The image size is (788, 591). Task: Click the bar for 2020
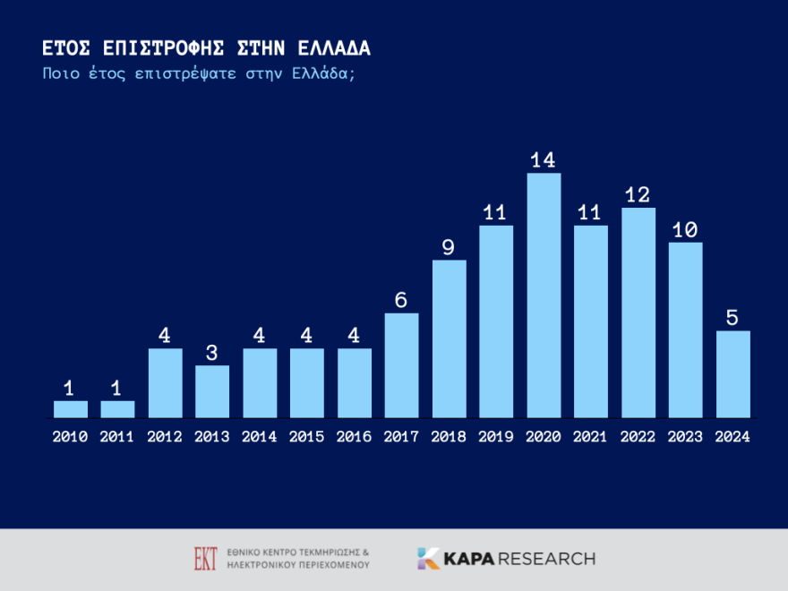tap(544, 295)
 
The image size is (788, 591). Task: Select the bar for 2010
tap(71, 409)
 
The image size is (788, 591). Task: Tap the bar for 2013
tap(212, 391)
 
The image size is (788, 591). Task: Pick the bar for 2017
tap(401, 365)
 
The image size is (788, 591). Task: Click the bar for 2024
tap(732, 374)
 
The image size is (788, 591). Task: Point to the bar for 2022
tap(638, 313)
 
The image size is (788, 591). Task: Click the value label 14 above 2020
tap(544, 160)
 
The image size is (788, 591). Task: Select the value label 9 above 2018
tap(449, 247)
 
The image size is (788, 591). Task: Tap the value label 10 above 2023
tap(685, 230)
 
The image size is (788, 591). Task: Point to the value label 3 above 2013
tap(212, 353)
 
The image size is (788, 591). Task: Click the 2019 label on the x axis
tap(496, 437)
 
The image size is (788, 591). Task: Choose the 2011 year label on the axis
tap(117, 437)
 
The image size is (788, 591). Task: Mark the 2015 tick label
tap(307, 437)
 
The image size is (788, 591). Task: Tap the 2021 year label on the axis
tap(591, 437)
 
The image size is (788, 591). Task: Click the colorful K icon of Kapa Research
tap(428, 559)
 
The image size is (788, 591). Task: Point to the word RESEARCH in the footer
tap(545, 559)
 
